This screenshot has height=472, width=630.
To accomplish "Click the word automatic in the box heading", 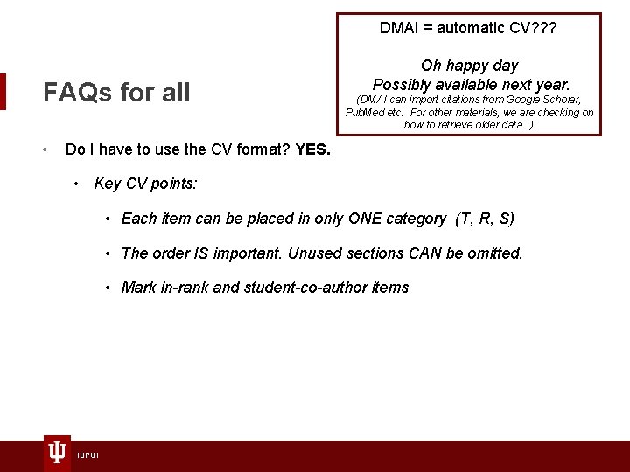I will tap(471, 28).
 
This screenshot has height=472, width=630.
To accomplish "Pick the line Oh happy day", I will tap(469, 66).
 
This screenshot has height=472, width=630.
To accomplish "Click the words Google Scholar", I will tap(542, 100).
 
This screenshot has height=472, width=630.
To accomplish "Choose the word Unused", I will tap(314, 253).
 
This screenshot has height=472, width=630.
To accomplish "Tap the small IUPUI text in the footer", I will tap(87, 455).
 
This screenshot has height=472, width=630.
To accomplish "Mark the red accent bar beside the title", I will tap(3, 92).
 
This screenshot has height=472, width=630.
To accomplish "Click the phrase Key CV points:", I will tap(146, 184).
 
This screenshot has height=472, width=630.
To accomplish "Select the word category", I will tap(417, 219).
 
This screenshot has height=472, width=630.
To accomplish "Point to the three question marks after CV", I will tap(543, 28).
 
